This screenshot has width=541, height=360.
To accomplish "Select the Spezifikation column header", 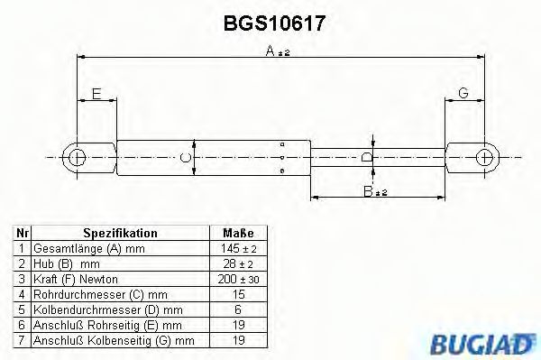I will pyautogui.click(x=120, y=232).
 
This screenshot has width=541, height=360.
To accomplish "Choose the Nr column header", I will pyautogui.click(x=22, y=232).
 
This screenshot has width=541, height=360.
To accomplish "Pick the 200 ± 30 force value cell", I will pyautogui.click(x=238, y=280).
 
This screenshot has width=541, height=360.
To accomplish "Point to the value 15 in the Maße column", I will pyautogui.click(x=238, y=295).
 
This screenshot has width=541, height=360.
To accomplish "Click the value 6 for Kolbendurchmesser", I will pyautogui.click(x=238, y=310).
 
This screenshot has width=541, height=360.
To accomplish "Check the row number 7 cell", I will pyautogui.click(x=22, y=341).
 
